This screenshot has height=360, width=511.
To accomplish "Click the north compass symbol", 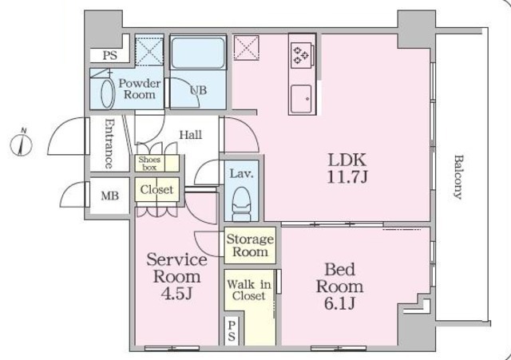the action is click(x=22, y=144).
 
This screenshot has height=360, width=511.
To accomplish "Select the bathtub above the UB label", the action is click(x=198, y=53).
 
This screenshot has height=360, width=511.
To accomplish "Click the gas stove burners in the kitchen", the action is click(x=301, y=55).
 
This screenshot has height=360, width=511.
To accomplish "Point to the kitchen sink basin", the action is click(x=302, y=99).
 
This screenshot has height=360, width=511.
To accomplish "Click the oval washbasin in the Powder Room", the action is click(x=108, y=93).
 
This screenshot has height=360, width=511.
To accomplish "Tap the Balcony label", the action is click(x=458, y=177).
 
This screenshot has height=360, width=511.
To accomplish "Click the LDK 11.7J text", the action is click(x=347, y=168).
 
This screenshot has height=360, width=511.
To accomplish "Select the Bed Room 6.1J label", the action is click(x=339, y=287).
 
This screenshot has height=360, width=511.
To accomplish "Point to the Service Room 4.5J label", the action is click(x=176, y=276).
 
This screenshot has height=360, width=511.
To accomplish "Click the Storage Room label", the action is click(x=250, y=245).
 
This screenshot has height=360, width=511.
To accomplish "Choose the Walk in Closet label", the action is click(x=248, y=290).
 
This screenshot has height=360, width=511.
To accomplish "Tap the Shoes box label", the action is click(x=149, y=164).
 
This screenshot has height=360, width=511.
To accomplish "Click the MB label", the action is click(x=110, y=196).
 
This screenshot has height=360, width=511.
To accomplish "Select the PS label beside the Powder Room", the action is click(x=110, y=55).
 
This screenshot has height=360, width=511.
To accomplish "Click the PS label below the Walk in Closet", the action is click(x=232, y=330).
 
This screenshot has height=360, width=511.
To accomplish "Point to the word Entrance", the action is click(x=110, y=144).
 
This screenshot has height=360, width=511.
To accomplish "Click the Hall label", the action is click(x=191, y=135).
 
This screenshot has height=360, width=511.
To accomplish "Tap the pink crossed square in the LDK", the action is click(x=247, y=48).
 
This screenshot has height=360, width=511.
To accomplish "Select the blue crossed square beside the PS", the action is click(x=149, y=51).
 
